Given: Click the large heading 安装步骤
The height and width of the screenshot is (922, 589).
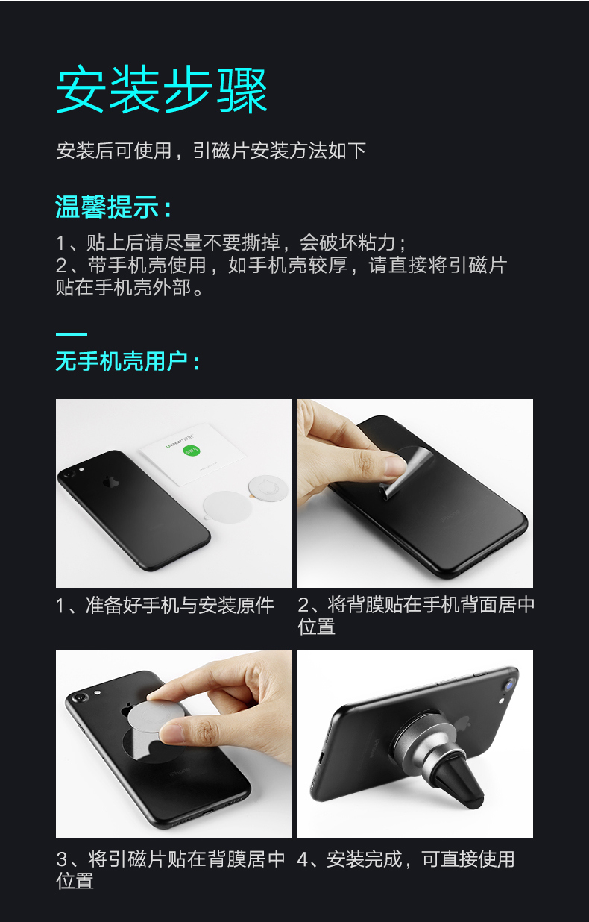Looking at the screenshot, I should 162,91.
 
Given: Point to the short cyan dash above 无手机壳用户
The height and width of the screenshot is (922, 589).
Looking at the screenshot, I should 71,335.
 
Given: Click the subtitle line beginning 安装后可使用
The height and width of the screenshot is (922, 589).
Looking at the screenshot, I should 211,151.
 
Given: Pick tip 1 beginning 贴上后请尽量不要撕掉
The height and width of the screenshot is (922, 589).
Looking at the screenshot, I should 232,243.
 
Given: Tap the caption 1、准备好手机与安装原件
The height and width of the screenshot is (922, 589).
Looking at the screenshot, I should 165,605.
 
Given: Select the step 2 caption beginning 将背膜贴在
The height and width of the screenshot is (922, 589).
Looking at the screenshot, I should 415,605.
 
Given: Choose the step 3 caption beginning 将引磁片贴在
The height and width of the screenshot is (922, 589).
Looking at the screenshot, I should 171,859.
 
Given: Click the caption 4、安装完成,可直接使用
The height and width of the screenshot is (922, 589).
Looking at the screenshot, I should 406,859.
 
